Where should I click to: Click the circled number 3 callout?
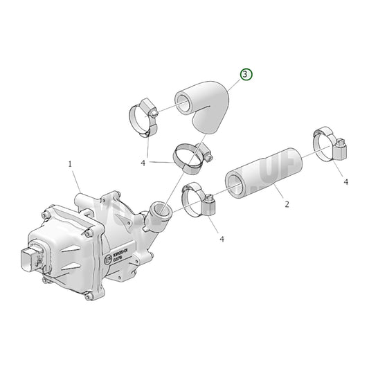[247, 74]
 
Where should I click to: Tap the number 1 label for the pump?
[70, 164]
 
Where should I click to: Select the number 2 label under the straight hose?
[286, 205]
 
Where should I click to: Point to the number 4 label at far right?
[345, 181]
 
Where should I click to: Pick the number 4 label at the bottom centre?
[222, 239]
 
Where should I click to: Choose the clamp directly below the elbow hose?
[191, 156]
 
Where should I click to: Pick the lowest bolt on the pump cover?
[89, 298]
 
